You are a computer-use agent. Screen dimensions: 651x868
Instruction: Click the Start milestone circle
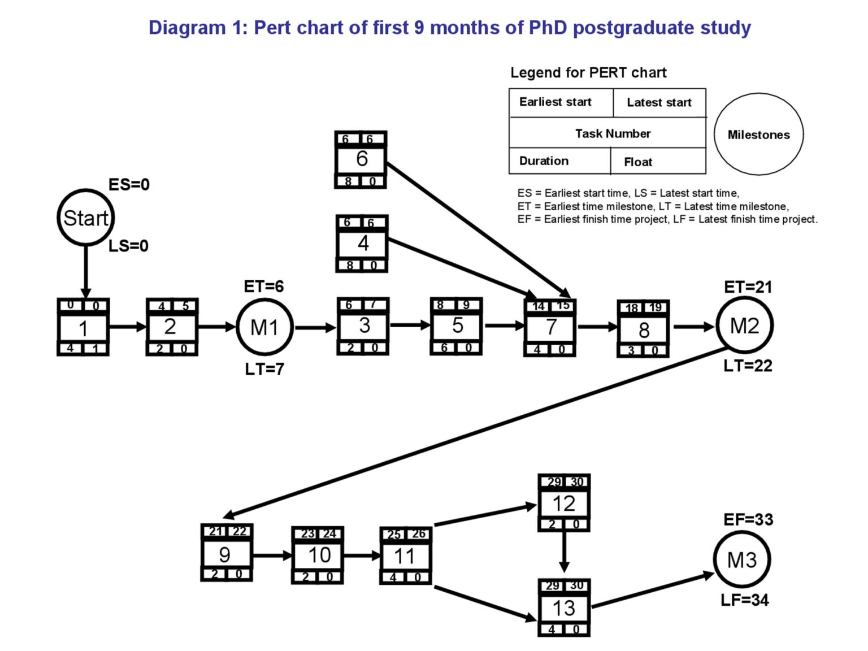pos(85,218)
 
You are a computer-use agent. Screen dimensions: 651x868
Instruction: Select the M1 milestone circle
pos(264,327)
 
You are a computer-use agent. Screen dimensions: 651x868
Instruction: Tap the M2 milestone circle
pos(744,325)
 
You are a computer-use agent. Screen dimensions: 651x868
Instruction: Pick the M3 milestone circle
pos(741,560)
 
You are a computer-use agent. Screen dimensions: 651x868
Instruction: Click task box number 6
pos(361,159)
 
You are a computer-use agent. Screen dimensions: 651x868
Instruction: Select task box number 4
pos(362,244)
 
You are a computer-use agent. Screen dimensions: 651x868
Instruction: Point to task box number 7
pos(550,327)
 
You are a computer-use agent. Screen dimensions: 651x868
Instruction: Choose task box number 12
pos(563,503)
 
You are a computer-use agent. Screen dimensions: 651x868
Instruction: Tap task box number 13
pos(563,608)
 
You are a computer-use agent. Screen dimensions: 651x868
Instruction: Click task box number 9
pos(226,553)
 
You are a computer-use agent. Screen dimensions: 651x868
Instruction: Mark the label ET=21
pos(748,287)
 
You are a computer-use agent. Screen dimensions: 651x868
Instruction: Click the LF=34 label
pos(744,600)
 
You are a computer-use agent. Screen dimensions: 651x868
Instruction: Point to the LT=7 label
pos(264,370)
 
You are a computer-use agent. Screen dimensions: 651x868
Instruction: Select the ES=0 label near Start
pos(129,185)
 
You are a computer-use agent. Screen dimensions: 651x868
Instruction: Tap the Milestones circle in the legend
pos(758,134)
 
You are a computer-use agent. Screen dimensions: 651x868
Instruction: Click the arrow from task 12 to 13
pos(564,552)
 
